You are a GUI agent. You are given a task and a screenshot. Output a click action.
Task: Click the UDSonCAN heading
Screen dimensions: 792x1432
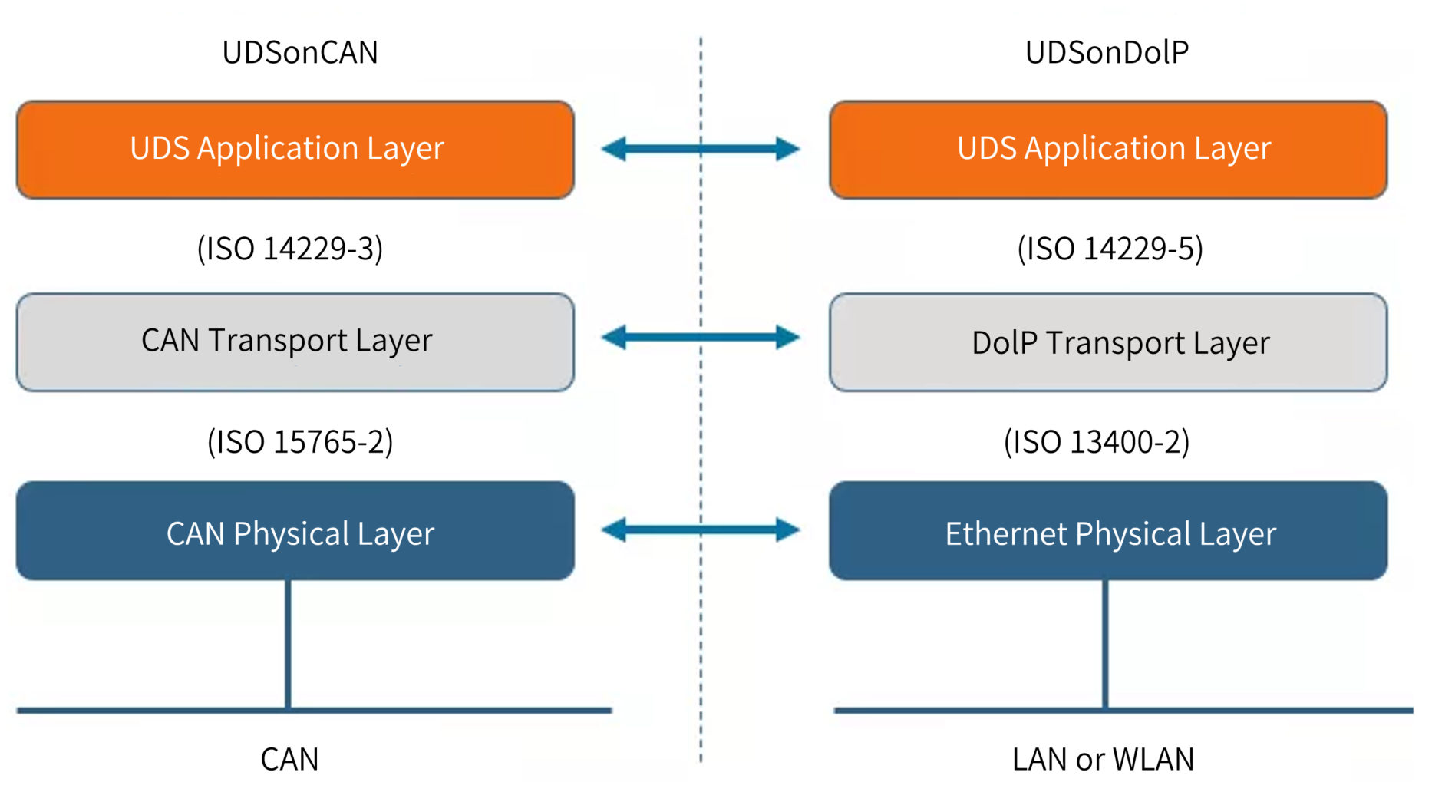click(x=300, y=52)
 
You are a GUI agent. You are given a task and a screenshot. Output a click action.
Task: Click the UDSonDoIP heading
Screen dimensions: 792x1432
click(x=1107, y=52)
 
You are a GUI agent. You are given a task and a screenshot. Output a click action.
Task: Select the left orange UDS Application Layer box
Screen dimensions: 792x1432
click(x=295, y=150)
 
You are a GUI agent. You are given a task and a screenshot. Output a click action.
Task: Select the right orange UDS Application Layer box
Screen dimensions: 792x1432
click(x=1108, y=150)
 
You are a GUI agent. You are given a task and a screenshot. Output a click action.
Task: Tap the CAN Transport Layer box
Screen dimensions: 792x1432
click(x=295, y=342)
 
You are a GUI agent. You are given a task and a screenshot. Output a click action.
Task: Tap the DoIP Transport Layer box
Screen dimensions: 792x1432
click(x=1108, y=342)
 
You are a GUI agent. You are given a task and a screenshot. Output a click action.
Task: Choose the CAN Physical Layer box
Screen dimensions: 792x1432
click(x=295, y=531)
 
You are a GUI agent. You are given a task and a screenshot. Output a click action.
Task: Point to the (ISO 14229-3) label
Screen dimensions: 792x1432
click(x=290, y=249)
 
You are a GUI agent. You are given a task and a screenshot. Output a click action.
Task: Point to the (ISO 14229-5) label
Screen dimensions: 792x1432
click(x=1110, y=249)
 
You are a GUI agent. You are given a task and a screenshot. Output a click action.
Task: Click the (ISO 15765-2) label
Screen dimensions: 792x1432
click(x=300, y=442)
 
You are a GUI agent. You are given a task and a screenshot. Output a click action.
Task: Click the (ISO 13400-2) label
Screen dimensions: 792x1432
click(x=1097, y=442)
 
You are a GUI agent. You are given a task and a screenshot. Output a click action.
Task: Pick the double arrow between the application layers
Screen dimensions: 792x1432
click(x=700, y=149)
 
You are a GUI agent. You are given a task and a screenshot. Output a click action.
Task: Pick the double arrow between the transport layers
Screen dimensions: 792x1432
click(x=700, y=337)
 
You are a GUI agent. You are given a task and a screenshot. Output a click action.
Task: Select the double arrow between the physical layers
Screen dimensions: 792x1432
click(x=700, y=530)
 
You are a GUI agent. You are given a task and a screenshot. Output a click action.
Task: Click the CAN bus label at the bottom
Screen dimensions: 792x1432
click(x=289, y=759)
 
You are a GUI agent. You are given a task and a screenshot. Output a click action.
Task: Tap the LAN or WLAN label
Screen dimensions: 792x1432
click(x=1103, y=759)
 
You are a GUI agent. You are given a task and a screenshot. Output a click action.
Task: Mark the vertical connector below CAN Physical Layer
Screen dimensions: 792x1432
click(x=288, y=645)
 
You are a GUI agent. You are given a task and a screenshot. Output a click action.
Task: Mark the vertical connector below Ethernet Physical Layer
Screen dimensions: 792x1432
click(x=1105, y=645)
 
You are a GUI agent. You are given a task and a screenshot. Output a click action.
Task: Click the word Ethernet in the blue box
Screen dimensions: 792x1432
click(x=1005, y=534)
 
